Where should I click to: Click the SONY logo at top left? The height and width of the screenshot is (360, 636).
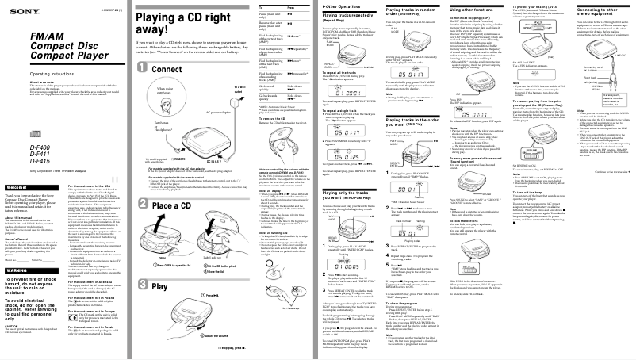click(15, 10)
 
